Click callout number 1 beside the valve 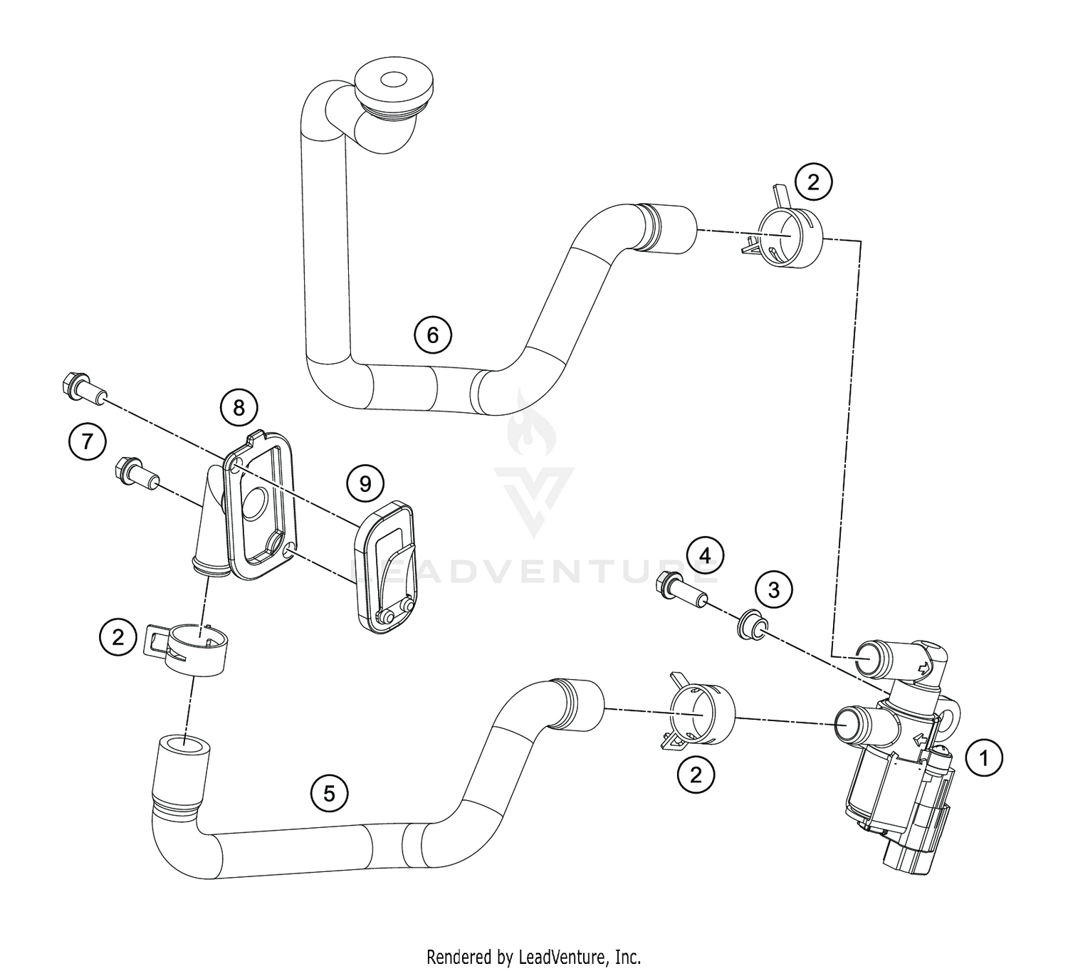click(x=984, y=758)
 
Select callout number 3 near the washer click(x=773, y=589)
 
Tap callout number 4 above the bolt click(x=703, y=555)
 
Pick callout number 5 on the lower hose click(x=329, y=793)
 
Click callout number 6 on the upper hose click(x=433, y=334)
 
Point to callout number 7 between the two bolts click(x=87, y=441)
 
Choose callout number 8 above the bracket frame click(x=239, y=407)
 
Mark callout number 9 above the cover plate click(x=365, y=484)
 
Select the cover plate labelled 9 click(x=384, y=567)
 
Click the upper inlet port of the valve click(x=871, y=655)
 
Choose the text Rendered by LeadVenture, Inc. click(x=533, y=955)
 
